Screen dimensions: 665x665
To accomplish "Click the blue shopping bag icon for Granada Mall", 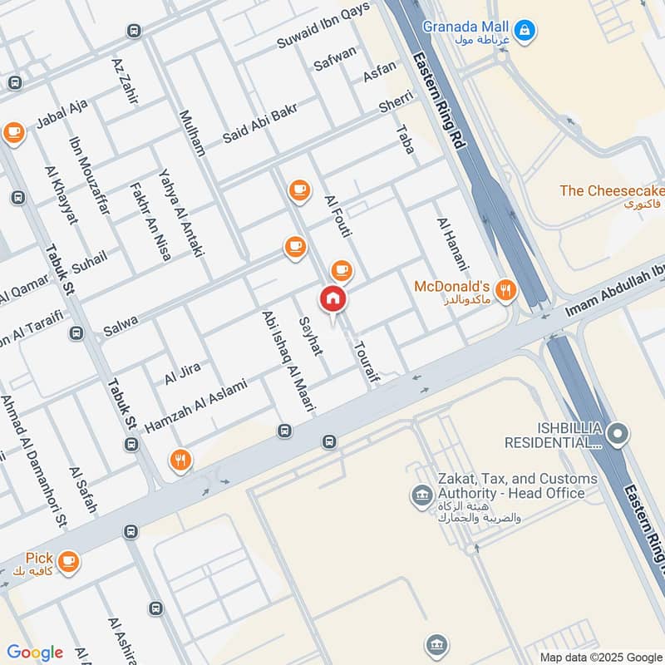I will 525,32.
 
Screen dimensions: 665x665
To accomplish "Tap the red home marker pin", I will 332,299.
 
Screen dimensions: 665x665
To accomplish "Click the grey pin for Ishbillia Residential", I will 617,431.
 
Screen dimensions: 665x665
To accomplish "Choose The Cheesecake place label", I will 612,191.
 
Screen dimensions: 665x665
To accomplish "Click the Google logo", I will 35,653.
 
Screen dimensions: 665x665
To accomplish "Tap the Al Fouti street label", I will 339,215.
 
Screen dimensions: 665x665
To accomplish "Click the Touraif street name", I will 362,364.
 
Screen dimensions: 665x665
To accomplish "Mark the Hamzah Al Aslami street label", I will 196,406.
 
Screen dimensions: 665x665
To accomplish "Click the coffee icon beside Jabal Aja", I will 13,131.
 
